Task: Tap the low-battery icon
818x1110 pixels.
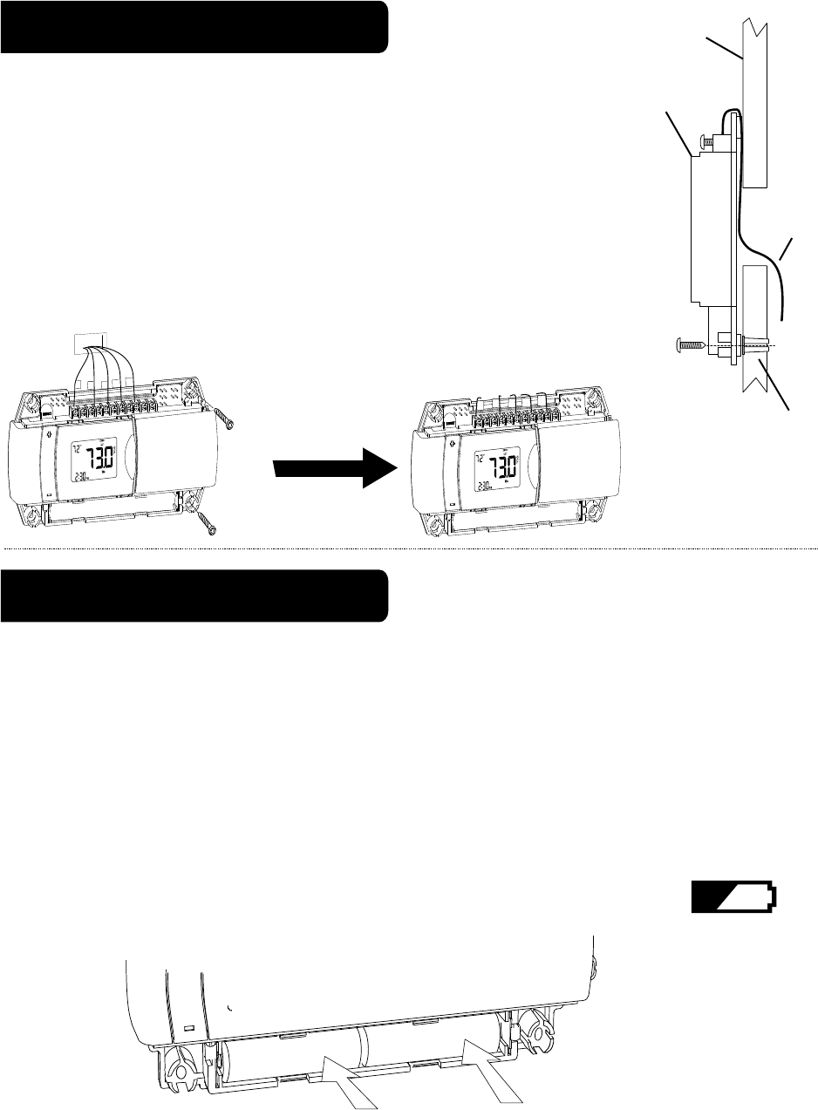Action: coord(734,897)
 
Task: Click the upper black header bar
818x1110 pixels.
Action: coord(194,27)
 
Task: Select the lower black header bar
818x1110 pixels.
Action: coord(194,596)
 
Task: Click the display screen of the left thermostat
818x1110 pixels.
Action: coord(90,462)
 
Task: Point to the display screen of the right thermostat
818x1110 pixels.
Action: coord(494,462)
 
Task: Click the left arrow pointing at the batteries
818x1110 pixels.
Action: coord(351,1081)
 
